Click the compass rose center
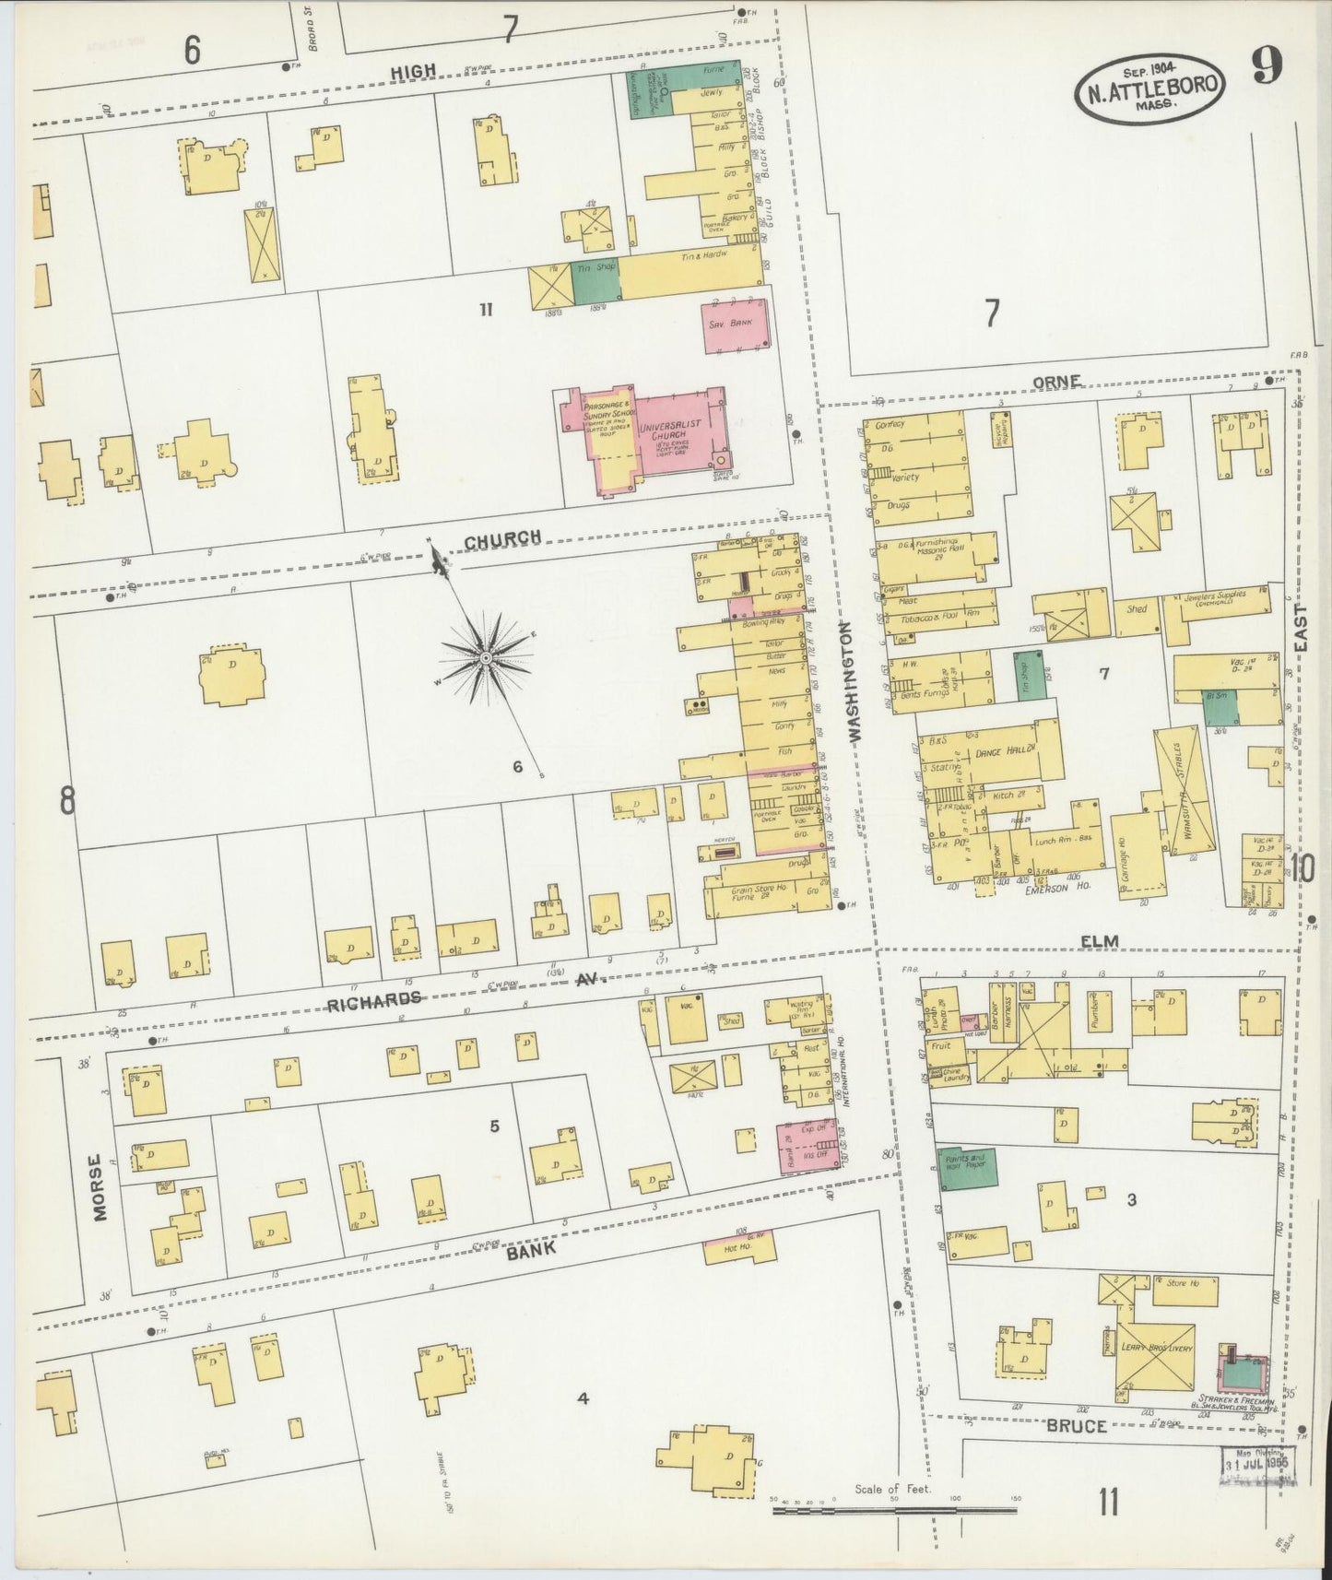(486, 656)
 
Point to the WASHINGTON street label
(853, 681)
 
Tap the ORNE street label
(1055, 383)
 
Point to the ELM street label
(1101, 940)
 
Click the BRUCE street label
(1076, 1425)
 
